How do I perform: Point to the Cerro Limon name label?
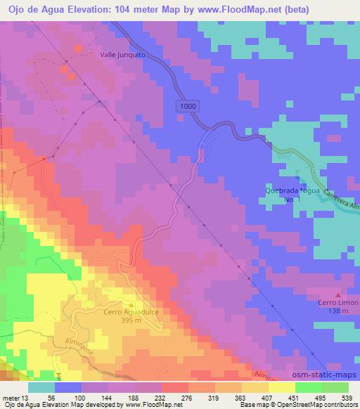pos(337,303)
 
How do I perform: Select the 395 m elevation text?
pos(127,320)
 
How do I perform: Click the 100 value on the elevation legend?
pos(70,397)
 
